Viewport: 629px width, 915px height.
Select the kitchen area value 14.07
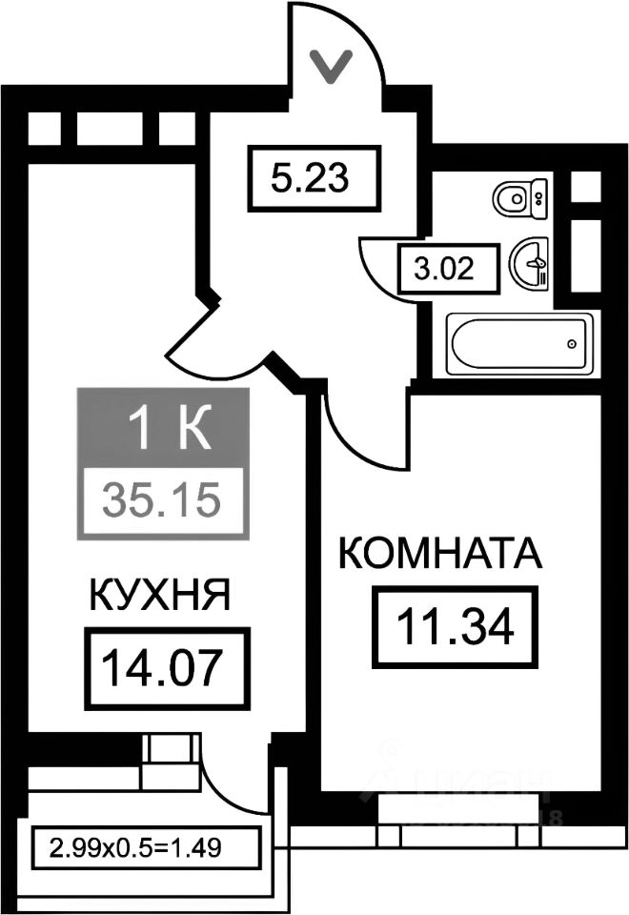(x=167, y=668)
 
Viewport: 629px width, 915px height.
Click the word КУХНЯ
(x=159, y=597)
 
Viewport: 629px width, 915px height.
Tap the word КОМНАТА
(x=440, y=554)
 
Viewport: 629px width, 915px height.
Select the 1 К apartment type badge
(x=163, y=430)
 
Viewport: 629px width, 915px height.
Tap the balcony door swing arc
(x=233, y=772)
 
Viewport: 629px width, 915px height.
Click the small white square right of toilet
(x=584, y=187)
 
